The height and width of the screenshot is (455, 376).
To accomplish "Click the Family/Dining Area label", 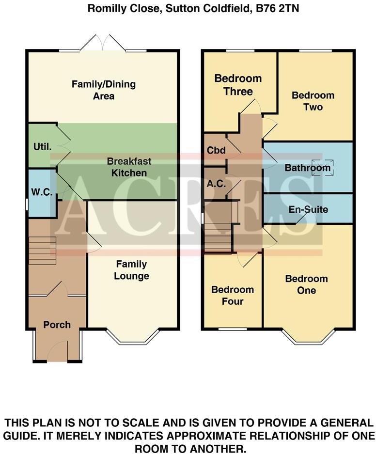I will coord(104,90).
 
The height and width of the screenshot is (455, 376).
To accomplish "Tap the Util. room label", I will coord(42,146).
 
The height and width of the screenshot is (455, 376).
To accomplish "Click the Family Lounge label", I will coord(132,270).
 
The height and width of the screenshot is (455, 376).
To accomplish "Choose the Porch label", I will coord(57,325).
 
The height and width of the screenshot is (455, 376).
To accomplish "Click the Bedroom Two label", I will coord(313,101).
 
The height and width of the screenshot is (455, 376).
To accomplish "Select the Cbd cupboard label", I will coord(216,151).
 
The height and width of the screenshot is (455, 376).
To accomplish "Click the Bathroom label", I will coord(307,169).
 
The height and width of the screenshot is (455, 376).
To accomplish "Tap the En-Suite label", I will coord(308,210).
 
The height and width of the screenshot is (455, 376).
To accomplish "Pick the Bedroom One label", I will coord(306,284).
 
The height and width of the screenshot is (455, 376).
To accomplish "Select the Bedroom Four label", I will coord(233,296).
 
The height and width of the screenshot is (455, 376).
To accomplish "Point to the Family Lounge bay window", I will coord(132,338).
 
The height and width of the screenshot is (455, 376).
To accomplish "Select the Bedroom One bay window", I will coord(309,338).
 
